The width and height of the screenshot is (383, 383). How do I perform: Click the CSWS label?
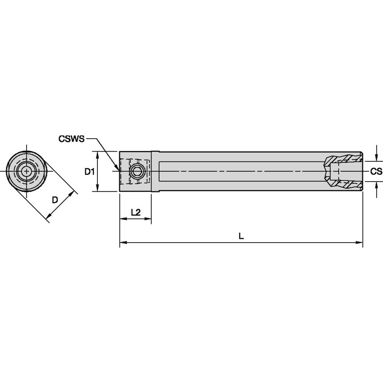(71, 139)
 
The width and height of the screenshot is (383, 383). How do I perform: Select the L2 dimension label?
(135, 212)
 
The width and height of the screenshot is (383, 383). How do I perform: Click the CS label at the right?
(376, 171)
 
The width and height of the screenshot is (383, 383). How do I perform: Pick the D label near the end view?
(55, 200)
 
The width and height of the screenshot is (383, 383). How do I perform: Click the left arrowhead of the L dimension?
(122, 243)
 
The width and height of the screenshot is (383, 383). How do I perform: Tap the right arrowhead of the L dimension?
(360, 243)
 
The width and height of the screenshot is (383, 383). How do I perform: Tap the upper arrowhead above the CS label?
(376, 158)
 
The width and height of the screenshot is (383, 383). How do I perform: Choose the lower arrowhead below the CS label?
(376, 184)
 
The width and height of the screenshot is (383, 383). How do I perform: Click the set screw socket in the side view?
(137, 171)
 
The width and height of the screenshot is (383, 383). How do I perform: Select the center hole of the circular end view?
(26, 171)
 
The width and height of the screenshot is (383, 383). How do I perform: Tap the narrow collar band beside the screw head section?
(155, 171)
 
